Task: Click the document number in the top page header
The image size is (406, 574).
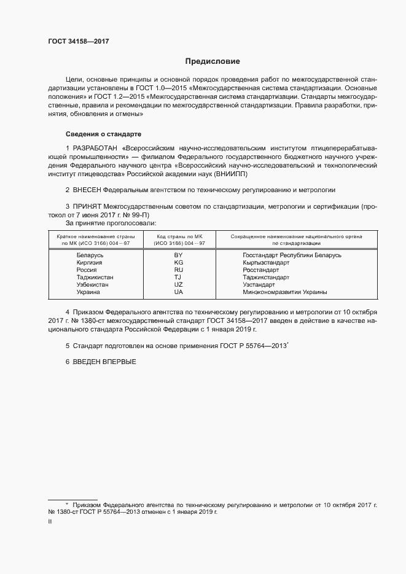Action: tap(79, 42)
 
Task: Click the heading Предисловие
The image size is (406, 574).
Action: tap(213, 61)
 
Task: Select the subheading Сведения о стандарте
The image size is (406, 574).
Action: tap(103, 133)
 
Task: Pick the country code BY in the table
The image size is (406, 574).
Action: tap(178, 255)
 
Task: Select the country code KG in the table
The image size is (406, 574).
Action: tap(178, 262)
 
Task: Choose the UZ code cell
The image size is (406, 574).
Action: tap(178, 284)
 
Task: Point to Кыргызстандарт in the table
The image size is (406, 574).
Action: tap(266, 262)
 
